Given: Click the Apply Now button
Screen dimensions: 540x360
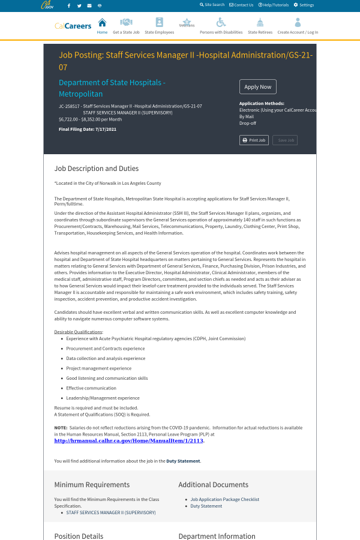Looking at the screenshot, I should click(x=257, y=87).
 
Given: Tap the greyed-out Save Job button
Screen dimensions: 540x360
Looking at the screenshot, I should click(x=285, y=140).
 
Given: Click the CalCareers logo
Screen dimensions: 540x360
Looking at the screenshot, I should click(x=73, y=26).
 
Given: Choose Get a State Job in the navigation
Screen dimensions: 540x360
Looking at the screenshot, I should click(x=126, y=26).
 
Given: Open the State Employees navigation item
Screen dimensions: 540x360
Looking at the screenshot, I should click(x=159, y=26).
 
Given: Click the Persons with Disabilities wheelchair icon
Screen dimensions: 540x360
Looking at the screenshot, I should click(x=221, y=22).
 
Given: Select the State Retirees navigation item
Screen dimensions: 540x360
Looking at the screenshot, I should click(x=260, y=26).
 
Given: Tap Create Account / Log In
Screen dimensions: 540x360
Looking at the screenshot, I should click(x=298, y=26).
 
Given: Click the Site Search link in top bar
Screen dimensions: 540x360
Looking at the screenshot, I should click(x=212, y=5).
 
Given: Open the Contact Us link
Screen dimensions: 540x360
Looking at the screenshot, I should click(x=241, y=5).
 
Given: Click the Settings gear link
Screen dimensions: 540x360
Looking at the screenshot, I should click(x=304, y=5).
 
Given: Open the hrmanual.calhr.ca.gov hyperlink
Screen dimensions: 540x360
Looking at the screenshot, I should click(x=128, y=440).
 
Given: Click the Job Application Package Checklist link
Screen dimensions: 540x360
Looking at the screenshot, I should click(x=224, y=499).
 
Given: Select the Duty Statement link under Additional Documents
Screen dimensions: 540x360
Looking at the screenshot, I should click(x=206, y=506).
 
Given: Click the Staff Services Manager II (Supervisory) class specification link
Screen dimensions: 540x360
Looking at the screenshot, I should click(x=110, y=512).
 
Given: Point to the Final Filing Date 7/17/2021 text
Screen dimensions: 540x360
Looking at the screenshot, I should click(x=88, y=129).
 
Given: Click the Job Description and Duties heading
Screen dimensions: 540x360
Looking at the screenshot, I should click(x=97, y=169).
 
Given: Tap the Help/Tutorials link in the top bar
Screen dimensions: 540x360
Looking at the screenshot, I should click(x=274, y=5).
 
